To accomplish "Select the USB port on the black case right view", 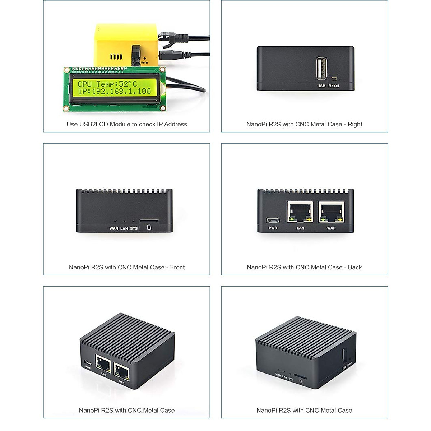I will [x=321, y=68].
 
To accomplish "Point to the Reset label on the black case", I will [x=334, y=86].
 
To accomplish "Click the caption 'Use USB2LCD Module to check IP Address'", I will [x=127, y=124].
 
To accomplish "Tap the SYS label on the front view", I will [x=134, y=228].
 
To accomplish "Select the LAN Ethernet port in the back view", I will [x=300, y=212].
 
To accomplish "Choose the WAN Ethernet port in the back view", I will [x=331, y=212].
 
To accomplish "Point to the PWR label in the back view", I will [x=273, y=228].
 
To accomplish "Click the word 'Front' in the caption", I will [x=177, y=267].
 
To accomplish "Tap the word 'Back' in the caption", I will [x=355, y=267].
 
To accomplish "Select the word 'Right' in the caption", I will [x=355, y=124].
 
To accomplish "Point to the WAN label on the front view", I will [x=113, y=228].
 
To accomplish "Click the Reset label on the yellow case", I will [x=144, y=62].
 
